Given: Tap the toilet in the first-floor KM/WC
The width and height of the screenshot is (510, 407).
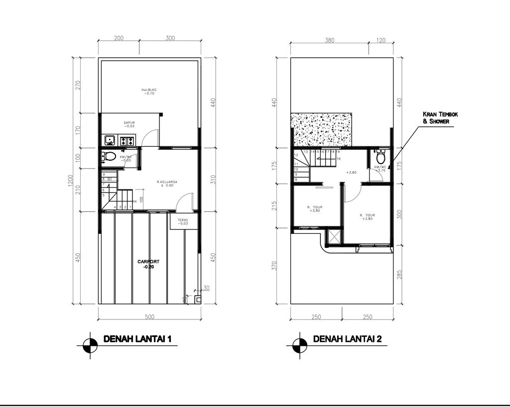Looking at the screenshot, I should (x=110, y=157).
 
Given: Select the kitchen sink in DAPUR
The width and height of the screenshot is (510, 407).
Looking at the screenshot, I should (x=110, y=140).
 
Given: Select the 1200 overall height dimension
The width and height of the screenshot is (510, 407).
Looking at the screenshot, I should (x=70, y=182).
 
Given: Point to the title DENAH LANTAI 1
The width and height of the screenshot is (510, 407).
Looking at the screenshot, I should (x=137, y=339).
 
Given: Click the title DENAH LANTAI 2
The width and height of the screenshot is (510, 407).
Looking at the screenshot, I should (x=347, y=339).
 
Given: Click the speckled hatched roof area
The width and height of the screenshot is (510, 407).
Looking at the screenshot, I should (x=321, y=130).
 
